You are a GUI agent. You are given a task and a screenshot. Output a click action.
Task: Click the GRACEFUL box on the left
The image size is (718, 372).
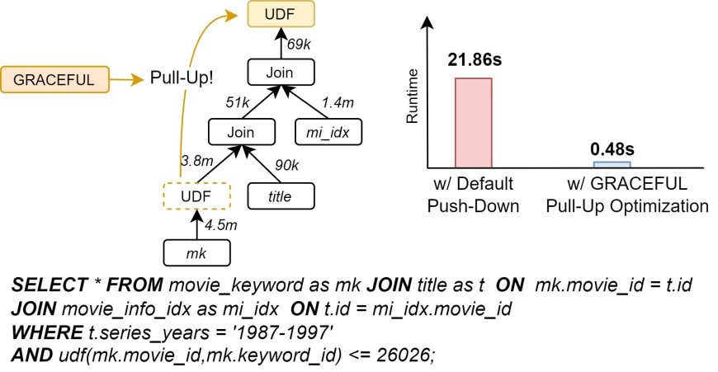(55, 79)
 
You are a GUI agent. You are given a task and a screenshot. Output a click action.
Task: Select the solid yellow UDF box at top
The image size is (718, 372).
(277, 14)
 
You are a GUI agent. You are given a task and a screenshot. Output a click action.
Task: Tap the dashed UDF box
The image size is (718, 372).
(197, 196)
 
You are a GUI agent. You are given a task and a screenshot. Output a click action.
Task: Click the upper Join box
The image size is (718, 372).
(278, 73)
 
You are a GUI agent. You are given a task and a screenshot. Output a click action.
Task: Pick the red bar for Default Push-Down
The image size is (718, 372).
(473, 122)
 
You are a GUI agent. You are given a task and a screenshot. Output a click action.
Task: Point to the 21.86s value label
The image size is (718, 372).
(473, 60)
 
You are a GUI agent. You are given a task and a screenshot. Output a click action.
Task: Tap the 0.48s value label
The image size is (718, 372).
(612, 149)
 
